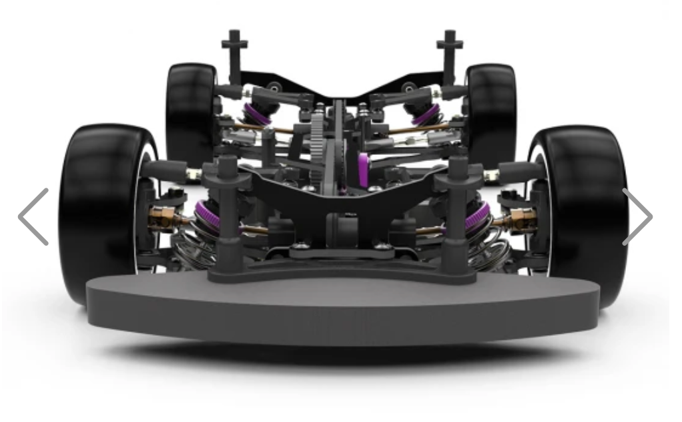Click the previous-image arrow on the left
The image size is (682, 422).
coord(34,216)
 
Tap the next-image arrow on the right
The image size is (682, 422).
coord(637,216)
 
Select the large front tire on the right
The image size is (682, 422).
coord(585,214)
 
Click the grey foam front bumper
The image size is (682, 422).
coord(342,310)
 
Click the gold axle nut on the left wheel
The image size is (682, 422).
coord(162,217)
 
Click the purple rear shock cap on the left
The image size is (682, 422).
coord(258,114)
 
